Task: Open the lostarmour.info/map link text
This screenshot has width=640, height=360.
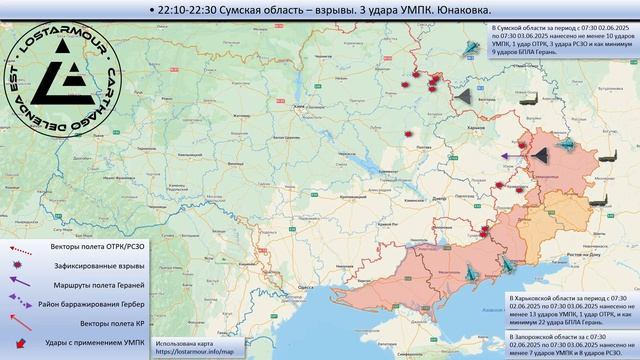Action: click(192, 352)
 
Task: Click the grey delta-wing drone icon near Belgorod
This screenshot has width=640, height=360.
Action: click(463, 96)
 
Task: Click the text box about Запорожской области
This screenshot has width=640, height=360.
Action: click(570, 345)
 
